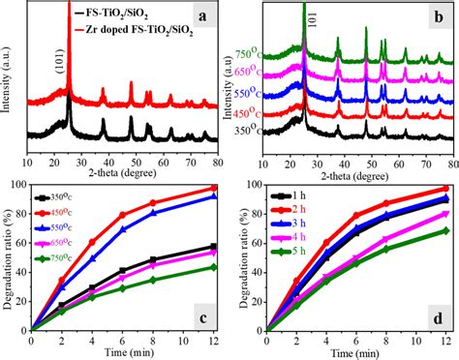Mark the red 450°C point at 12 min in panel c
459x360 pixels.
[x=213, y=188]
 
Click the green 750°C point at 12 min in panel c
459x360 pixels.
[x=213, y=267]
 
